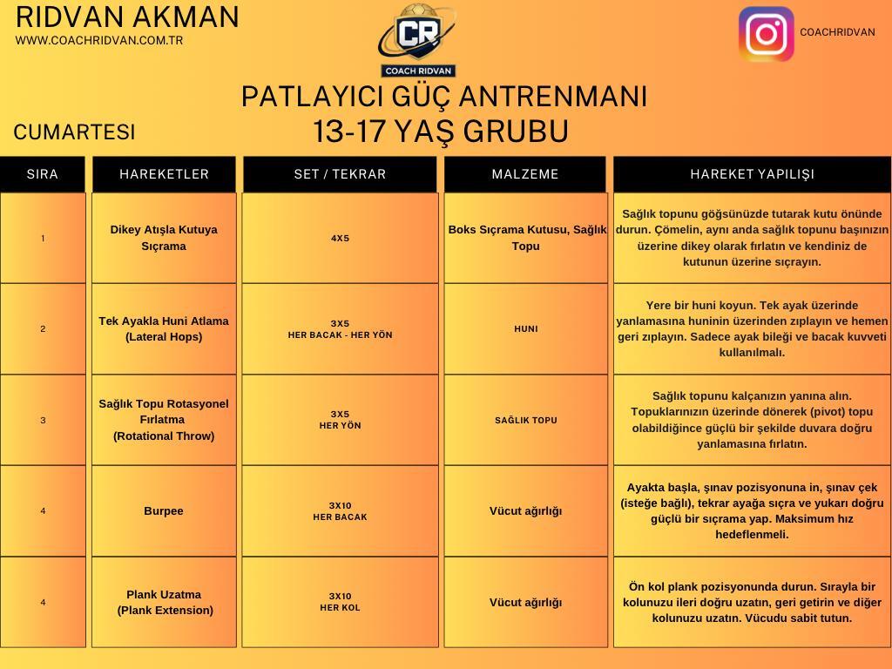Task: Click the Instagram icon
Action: (x=767, y=34)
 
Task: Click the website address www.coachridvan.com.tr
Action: (x=99, y=40)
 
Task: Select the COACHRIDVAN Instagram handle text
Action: (x=837, y=32)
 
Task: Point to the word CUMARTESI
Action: (x=75, y=132)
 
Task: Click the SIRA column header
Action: (x=43, y=174)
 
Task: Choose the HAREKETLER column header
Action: (x=164, y=174)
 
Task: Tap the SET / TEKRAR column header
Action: (x=341, y=174)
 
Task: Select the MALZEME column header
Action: (x=525, y=174)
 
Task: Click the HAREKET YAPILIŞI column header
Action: (x=752, y=174)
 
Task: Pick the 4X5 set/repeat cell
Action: (x=341, y=239)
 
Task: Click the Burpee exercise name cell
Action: (x=164, y=510)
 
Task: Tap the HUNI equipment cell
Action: (x=525, y=328)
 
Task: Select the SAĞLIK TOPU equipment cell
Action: (x=525, y=421)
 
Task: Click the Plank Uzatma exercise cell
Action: (x=164, y=603)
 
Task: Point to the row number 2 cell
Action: (x=43, y=328)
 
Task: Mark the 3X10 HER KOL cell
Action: (x=341, y=602)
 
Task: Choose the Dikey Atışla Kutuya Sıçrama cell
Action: (x=164, y=238)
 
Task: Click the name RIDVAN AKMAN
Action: (x=127, y=17)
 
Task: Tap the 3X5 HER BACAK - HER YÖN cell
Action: (x=341, y=328)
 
